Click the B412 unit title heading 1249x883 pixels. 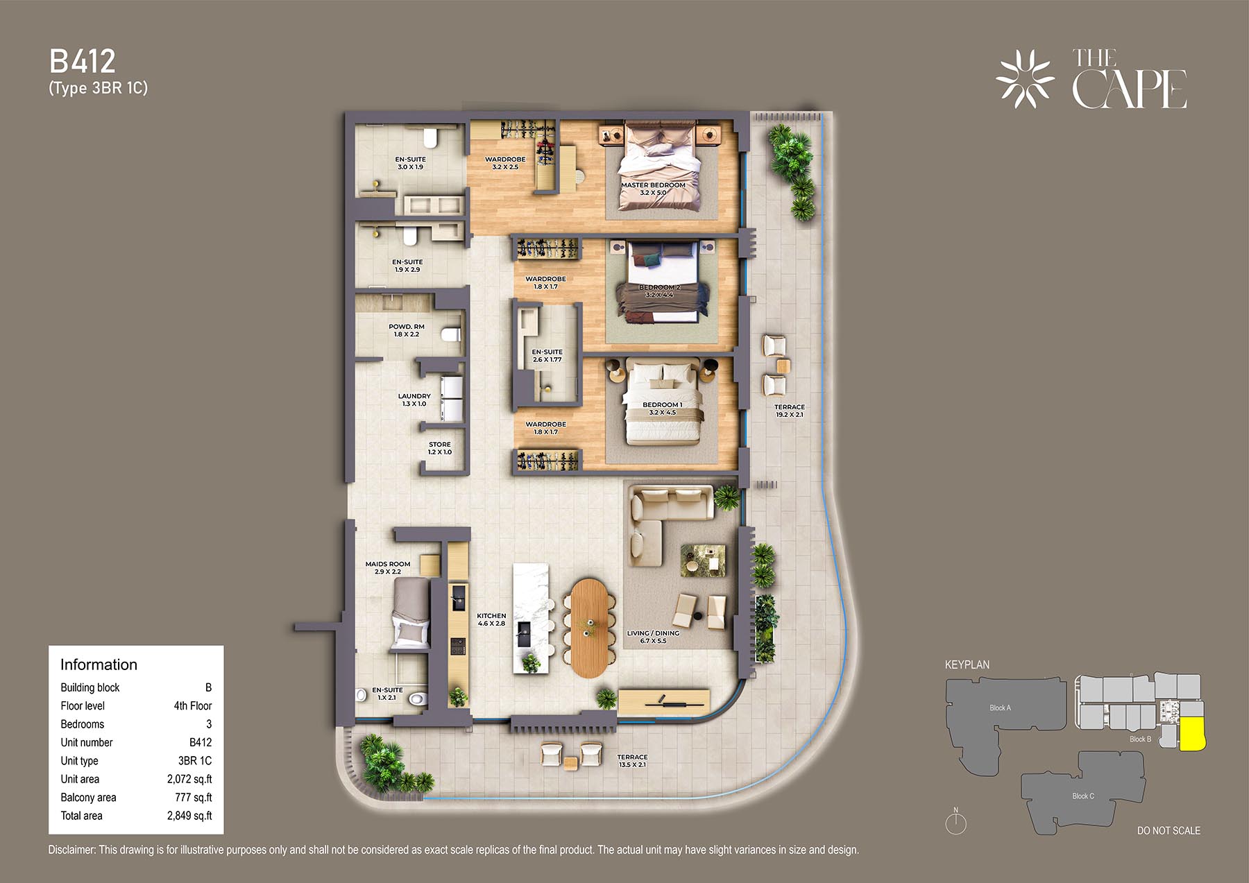[82, 61]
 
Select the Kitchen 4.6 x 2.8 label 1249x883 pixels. [491, 619]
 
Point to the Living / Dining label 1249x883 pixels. [653, 637]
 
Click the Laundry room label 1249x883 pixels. [414, 400]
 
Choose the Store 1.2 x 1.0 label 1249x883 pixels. [439, 448]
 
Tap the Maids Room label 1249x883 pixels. [388, 567]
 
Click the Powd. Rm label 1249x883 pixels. [407, 330]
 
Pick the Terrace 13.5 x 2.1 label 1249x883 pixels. [632, 761]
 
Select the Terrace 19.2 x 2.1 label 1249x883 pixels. [790, 411]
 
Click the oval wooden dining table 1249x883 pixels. [589, 628]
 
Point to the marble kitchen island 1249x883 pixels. [530, 618]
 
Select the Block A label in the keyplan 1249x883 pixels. [1000, 708]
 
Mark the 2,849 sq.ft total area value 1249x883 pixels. [189, 816]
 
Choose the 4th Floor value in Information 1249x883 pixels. [193, 705]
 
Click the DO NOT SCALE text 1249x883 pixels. [1169, 830]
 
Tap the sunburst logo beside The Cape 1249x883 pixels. [1025, 79]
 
